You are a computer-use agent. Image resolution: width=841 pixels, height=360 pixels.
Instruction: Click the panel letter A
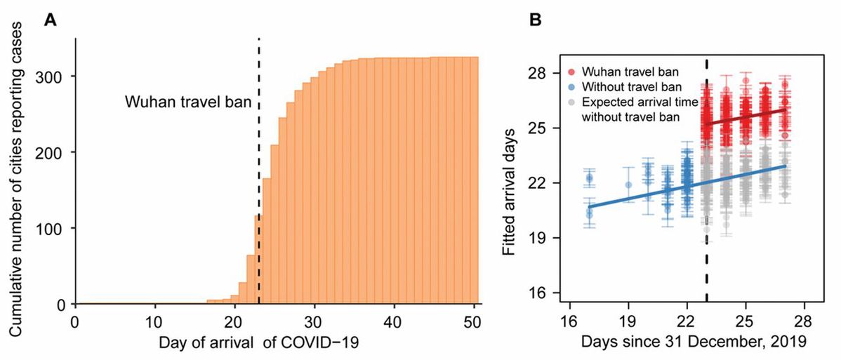50,19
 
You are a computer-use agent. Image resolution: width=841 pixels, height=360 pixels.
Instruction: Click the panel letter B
536,19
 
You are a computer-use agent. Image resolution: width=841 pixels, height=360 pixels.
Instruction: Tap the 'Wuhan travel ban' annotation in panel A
189,101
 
